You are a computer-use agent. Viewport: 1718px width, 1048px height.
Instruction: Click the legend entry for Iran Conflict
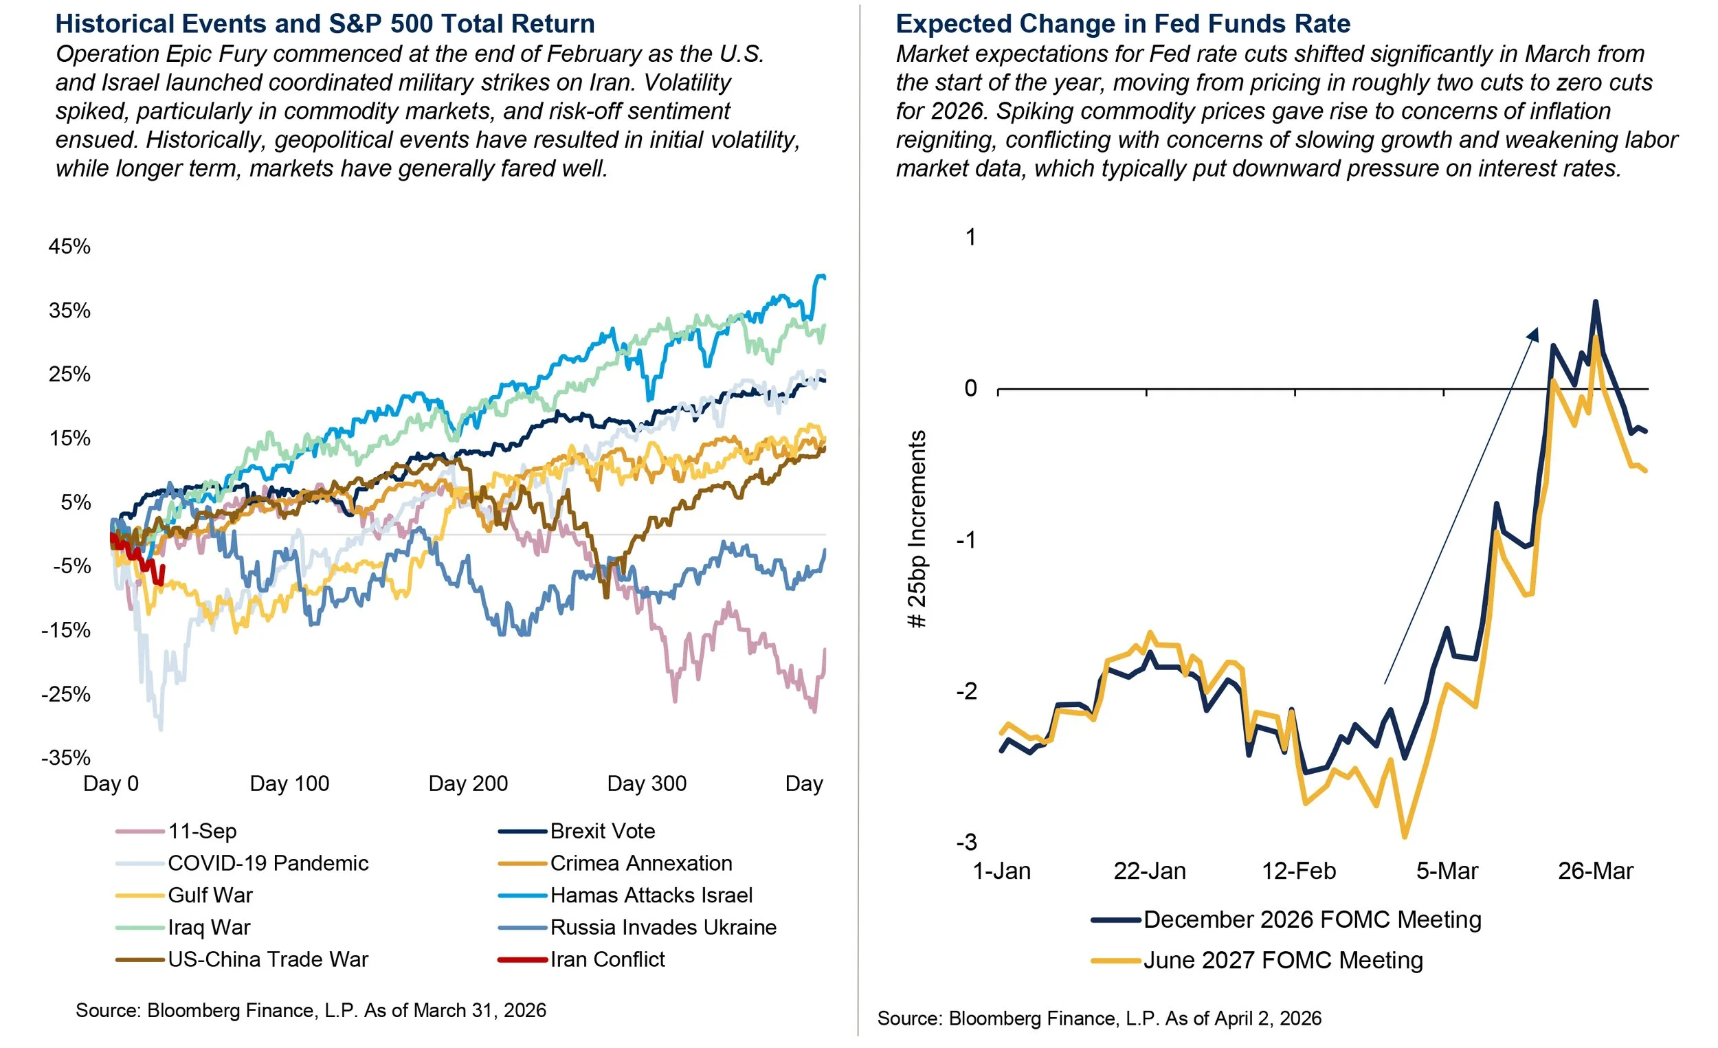[607, 959]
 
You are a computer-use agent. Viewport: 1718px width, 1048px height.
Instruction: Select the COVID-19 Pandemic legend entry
[268, 863]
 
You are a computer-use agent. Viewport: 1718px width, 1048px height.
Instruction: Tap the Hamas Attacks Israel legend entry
[651, 895]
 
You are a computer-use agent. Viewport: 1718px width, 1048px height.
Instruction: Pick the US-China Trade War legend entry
[268, 959]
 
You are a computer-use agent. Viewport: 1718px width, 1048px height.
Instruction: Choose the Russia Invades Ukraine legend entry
[662, 927]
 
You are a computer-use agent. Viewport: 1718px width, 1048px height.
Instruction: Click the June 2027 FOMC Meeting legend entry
[1282, 960]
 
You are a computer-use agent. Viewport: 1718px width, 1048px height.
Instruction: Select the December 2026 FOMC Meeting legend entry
[1311, 919]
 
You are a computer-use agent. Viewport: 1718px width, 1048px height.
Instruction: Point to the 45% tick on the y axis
[69, 246]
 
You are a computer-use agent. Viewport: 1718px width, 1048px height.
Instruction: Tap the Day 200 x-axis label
[468, 783]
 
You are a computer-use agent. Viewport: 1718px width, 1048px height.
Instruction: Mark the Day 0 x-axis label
[111, 783]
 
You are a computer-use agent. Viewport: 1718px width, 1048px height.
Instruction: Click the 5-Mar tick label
[1447, 871]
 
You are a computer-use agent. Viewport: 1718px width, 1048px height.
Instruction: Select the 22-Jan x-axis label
[1150, 871]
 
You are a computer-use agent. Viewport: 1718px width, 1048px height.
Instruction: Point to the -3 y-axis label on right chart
[966, 843]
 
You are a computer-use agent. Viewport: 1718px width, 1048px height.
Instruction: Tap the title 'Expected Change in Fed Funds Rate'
[1123, 23]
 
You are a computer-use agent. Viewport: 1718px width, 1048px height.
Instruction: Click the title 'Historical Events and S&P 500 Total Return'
[325, 23]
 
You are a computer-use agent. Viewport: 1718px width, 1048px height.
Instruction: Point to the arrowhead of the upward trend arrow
[1532, 334]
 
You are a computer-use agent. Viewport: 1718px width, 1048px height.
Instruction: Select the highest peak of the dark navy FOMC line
[1595, 302]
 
